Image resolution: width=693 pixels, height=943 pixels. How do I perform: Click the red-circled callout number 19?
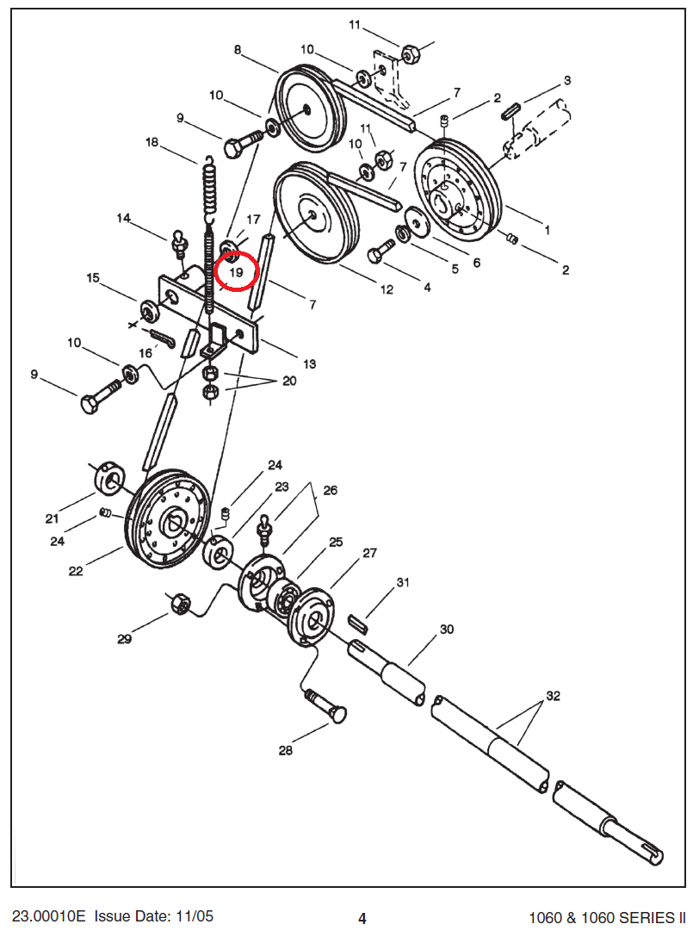tap(237, 271)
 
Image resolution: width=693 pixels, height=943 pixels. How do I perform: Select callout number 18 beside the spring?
tap(152, 142)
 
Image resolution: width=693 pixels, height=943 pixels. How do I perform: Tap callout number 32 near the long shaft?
tap(553, 695)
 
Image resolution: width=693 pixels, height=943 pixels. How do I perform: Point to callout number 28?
tap(285, 750)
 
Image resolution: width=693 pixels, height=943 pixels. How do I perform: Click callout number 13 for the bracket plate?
tap(309, 363)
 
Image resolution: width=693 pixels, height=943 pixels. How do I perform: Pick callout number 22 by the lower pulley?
tap(76, 570)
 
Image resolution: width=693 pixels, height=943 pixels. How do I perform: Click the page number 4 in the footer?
tap(362, 918)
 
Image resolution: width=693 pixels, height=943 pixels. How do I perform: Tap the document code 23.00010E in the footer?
tap(48, 916)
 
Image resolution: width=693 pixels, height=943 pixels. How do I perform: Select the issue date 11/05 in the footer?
tap(195, 916)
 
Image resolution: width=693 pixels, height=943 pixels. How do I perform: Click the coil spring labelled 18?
tap(208, 185)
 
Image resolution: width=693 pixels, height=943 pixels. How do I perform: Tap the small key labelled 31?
tap(358, 620)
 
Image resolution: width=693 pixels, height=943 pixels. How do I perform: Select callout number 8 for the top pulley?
tap(238, 50)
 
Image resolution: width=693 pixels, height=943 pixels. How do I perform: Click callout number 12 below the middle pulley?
tap(387, 289)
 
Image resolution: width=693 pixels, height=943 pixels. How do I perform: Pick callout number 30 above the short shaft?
tap(446, 630)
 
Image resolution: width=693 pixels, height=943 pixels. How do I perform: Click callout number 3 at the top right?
tap(567, 80)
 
